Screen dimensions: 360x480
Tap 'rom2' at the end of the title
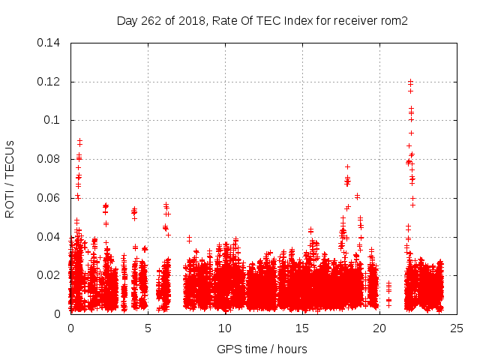point(394,20)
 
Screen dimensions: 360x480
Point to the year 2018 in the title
point(191,20)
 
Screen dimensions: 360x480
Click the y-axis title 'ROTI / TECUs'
point(10,178)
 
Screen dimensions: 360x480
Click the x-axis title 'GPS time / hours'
point(262,349)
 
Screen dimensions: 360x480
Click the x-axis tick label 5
point(148,328)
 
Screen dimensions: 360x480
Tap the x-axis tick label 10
point(225,328)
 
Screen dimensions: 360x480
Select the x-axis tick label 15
point(302,328)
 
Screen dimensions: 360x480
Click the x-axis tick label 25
point(457,328)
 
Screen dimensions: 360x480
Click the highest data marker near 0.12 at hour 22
point(410,81)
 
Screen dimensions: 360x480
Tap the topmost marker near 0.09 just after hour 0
point(79,139)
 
